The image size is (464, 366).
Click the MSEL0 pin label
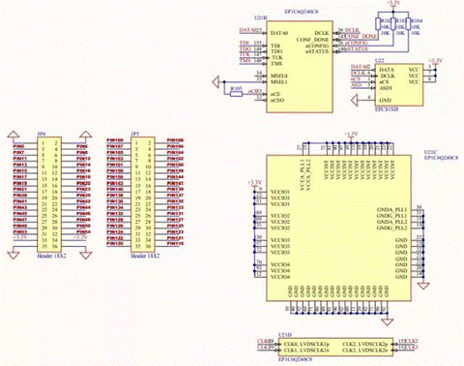(x=278, y=74)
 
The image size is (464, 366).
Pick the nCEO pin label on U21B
(x=277, y=100)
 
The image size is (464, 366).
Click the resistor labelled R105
(x=236, y=88)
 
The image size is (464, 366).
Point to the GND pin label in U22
(x=386, y=100)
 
